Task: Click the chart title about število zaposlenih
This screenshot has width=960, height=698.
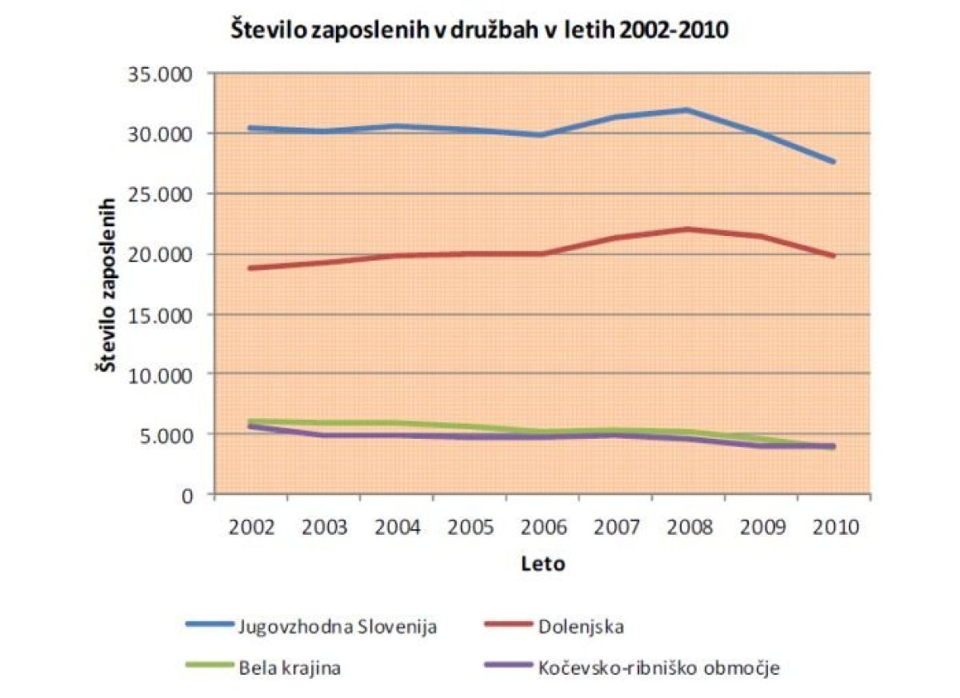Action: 479,31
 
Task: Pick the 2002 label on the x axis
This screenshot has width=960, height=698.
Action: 251,528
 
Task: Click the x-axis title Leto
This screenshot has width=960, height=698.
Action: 542,564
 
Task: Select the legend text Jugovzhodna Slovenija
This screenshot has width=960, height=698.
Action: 337,626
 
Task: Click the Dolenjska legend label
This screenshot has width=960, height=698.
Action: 577,626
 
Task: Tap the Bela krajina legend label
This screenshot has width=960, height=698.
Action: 289,667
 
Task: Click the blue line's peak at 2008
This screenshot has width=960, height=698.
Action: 688,110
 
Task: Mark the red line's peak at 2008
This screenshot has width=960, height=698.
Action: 688,229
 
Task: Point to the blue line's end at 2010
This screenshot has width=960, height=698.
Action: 834,162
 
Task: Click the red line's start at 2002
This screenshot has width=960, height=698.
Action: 251,268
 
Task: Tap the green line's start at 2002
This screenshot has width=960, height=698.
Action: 251,421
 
